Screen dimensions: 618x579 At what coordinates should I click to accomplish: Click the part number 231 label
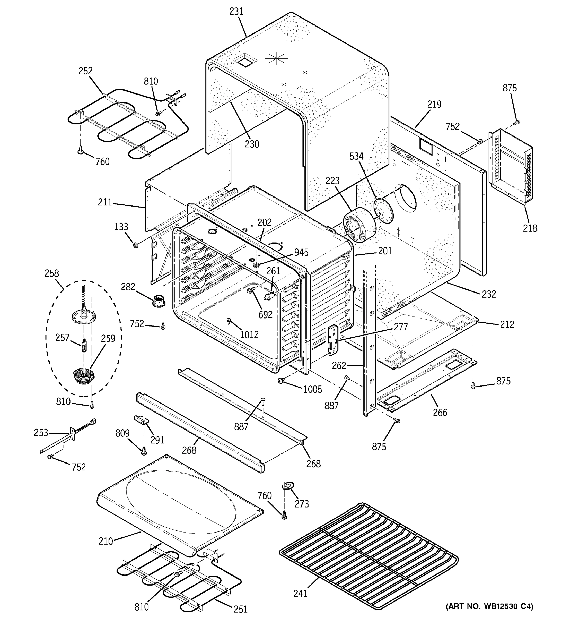tap(236, 12)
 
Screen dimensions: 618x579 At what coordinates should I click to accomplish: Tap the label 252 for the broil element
tap(85, 71)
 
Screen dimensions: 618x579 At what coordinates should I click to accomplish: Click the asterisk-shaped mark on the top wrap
tap(276, 58)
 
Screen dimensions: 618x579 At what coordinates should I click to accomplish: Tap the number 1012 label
tap(249, 334)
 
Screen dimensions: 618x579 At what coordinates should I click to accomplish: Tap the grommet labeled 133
tap(135, 245)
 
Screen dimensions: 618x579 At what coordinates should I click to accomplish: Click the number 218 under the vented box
tap(530, 228)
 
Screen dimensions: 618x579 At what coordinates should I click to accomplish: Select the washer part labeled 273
tap(288, 486)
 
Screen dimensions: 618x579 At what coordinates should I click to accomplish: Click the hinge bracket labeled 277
tap(333, 340)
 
